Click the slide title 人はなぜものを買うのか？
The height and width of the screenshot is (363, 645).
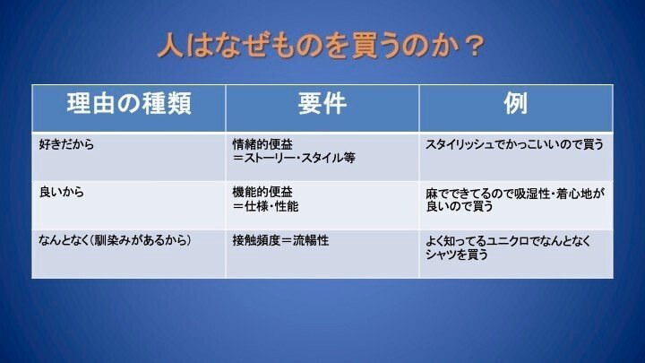click(x=321, y=45)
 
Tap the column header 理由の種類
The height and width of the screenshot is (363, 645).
click(x=129, y=103)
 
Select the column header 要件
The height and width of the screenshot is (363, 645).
click(x=322, y=103)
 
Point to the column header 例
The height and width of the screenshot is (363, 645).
click(x=516, y=103)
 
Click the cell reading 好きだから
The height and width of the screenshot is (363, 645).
click(x=66, y=144)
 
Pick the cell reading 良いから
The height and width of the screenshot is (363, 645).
click(x=61, y=192)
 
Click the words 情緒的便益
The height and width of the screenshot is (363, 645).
click(x=262, y=144)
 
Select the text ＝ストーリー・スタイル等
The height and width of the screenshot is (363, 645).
click(x=294, y=158)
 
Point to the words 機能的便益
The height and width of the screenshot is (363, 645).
click(x=262, y=192)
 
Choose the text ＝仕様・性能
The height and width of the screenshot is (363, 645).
click(x=265, y=206)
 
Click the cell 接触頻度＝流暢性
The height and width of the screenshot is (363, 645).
click(x=280, y=240)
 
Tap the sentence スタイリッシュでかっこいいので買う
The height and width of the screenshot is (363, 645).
click(x=514, y=144)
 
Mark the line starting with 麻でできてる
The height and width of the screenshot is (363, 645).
click(x=515, y=194)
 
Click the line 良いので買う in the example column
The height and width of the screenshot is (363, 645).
click(x=460, y=206)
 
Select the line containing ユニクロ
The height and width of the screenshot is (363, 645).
click(x=508, y=241)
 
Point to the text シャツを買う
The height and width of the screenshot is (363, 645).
click(x=457, y=255)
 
